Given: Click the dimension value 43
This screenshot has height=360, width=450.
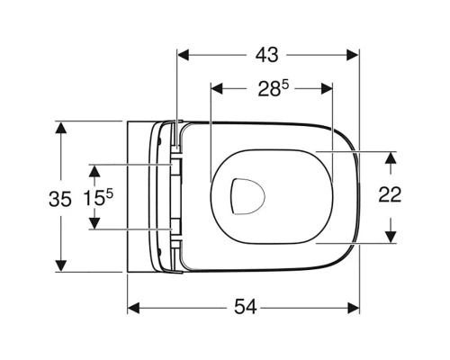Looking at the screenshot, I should pos(266,54).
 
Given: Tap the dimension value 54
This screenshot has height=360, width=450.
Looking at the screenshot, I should pos(245,308).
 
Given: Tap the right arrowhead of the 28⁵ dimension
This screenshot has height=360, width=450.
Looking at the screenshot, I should pos(328,88).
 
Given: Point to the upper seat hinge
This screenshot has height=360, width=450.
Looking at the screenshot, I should pos(175,167).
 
